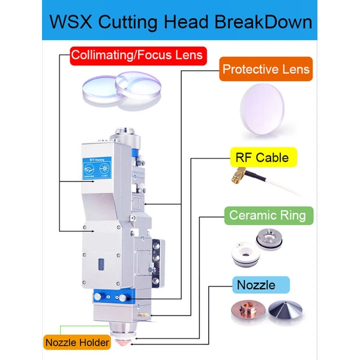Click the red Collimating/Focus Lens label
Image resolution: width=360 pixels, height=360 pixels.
click(137, 56)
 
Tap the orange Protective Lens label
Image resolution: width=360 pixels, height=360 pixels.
click(266, 69)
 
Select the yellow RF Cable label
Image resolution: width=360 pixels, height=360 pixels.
click(259, 158)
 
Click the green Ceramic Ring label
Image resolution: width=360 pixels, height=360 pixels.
click(267, 215)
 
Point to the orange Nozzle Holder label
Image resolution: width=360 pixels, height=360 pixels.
click(77, 343)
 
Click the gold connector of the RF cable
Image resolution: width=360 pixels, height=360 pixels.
click(238, 175)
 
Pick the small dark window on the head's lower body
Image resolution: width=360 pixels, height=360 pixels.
click(101, 264)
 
